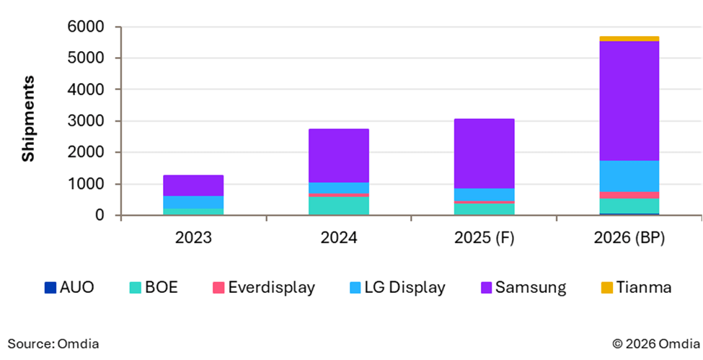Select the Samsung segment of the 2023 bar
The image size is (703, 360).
193,185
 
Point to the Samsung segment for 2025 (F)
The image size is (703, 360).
484,154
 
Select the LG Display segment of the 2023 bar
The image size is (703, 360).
193,203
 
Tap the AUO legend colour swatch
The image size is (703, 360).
50,288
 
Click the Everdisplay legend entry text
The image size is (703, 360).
271,288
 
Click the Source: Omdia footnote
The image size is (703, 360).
53,343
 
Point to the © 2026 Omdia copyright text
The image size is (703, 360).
653,343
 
